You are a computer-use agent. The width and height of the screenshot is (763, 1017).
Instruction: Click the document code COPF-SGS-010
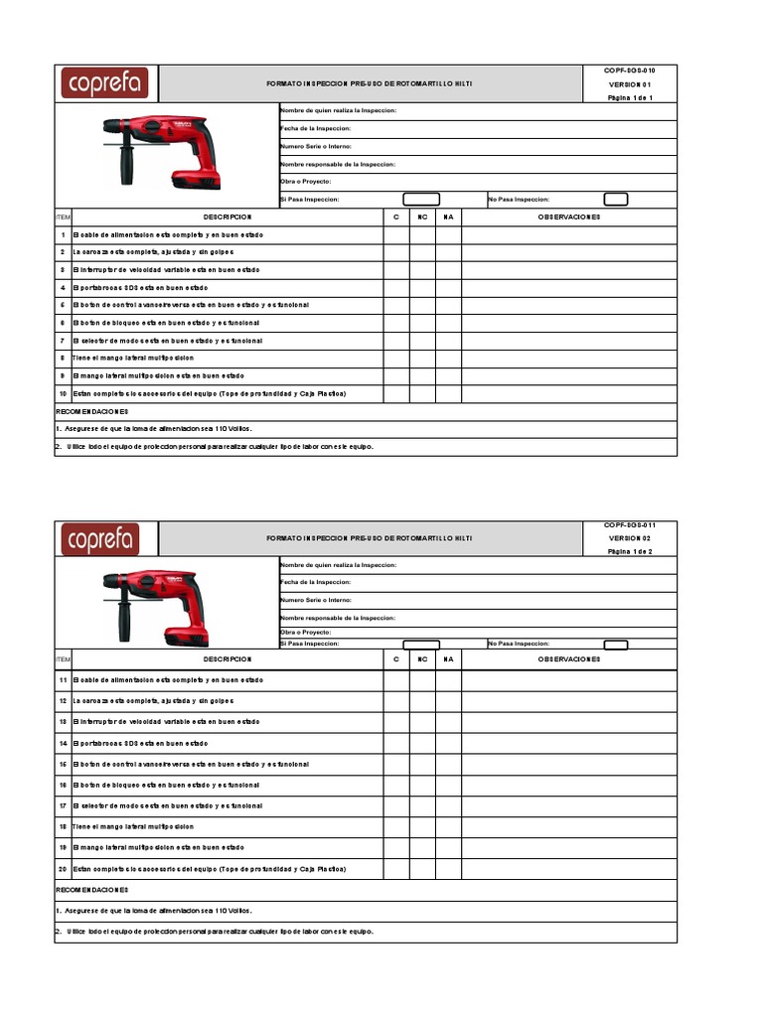629,72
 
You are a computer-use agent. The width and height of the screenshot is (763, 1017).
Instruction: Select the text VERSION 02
629,537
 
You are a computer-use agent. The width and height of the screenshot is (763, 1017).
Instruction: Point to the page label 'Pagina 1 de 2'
629,551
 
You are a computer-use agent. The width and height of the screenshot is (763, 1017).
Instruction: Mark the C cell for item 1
396,235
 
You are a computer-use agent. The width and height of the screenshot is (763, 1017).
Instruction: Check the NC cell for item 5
422,305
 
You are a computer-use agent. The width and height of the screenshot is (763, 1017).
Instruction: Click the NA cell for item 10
448,394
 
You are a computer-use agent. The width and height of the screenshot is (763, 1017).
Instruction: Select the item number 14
63,743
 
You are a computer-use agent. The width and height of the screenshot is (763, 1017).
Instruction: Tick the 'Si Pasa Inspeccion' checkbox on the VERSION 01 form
420,200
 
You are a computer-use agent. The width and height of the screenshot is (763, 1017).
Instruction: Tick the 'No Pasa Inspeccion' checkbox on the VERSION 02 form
616,644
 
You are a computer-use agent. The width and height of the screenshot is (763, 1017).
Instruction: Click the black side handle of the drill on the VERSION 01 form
127,166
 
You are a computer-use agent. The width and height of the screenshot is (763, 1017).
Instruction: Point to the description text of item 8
133,358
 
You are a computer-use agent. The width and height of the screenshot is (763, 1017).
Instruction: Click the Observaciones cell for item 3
568,270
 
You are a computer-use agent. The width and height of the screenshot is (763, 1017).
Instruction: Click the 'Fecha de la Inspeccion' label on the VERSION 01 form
315,128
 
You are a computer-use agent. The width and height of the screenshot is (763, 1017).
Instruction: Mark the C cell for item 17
396,805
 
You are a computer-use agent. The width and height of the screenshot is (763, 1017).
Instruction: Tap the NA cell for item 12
448,701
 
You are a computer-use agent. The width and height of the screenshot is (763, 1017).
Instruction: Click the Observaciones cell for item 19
568,847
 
